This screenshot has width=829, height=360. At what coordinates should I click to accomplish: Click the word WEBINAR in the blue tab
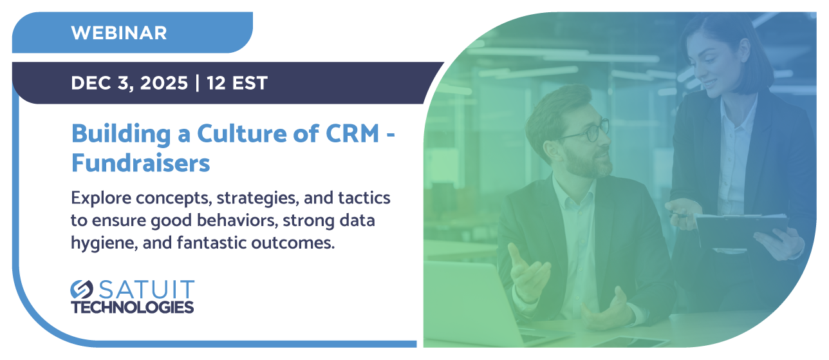pos(119,33)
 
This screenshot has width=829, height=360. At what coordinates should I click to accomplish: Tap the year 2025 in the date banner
pos(164,82)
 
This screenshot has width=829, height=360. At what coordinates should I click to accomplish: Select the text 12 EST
pos(237,82)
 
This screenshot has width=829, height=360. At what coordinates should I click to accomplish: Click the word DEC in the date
pos(91,82)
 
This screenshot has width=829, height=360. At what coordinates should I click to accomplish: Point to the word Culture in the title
pos(242,133)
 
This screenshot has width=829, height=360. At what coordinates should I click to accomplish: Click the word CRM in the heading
pos(352,133)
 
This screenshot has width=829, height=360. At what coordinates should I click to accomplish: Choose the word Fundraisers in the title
pos(140,163)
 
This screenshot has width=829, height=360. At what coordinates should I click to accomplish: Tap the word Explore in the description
pos(101,198)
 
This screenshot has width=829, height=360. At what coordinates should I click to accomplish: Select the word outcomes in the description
pos(293,243)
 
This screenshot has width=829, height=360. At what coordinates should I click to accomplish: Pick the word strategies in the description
pos(257,198)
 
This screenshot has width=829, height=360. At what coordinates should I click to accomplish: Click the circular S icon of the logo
pos(82,289)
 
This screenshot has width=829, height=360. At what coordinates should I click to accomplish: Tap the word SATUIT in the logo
pos(147,289)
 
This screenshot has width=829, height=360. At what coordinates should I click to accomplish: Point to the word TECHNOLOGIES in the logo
pos(132,307)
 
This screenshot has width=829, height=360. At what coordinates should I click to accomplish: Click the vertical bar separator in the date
pos(197,82)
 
